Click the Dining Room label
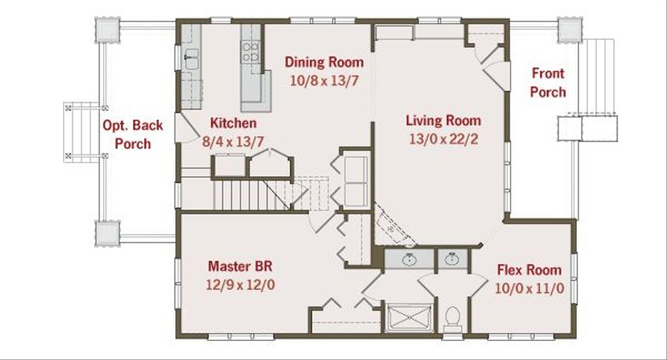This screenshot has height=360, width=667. tap(324, 62)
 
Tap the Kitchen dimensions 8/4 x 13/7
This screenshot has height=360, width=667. tap(233, 141)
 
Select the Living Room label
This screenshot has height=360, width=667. tap(443, 120)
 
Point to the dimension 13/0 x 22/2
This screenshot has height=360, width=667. tap(443, 139)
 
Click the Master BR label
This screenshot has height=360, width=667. tap(240, 266)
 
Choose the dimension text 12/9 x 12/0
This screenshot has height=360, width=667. tap(240, 284)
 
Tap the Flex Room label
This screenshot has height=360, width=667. tap(529, 270)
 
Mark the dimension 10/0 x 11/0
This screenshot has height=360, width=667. tap(529, 288)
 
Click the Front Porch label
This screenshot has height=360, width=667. tap(548, 83)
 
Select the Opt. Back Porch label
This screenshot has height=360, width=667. tap(133, 134)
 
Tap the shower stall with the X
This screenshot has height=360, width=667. tap(409, 317)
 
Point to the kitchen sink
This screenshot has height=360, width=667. tap(192, 59)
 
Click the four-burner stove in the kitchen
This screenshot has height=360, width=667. tap(250, 52)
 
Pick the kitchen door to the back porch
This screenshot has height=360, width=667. tap(186, 128)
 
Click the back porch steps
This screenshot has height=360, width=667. tap(82, 132)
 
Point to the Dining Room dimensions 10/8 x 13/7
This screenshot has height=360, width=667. tap(324, 80)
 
